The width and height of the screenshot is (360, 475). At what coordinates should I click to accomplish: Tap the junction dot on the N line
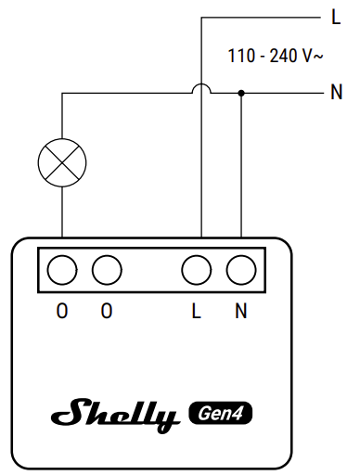(x=241, y=93)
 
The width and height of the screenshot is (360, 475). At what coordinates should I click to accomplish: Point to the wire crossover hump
(x=202, y=89)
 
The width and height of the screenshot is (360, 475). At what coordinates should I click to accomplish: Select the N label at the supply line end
(x=336, y=93)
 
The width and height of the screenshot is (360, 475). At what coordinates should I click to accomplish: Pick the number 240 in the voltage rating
(x=282, y=56)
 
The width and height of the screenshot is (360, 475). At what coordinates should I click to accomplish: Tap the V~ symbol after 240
(x=313, y=56)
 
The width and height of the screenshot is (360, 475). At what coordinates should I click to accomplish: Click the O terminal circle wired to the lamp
(x=61, y=270)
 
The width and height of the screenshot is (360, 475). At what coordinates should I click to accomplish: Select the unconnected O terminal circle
(x=107, y=270)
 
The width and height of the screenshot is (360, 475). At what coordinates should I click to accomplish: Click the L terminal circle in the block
(x=196, y=270)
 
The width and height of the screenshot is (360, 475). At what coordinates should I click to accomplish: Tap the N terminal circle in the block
(x=241, y=270)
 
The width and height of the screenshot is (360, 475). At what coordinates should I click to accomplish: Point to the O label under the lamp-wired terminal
(x=61, y=312)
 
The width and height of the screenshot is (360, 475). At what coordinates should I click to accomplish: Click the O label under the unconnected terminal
(x=107, y=312)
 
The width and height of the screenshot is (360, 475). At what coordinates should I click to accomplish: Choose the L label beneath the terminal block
(x=196, y=312)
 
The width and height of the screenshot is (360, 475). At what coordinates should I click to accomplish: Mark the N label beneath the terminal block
(x=241, y=312)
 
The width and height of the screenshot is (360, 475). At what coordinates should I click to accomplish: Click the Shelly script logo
(x=115, y=414)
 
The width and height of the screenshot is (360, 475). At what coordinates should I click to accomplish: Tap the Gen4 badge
(x=221, y=411)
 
